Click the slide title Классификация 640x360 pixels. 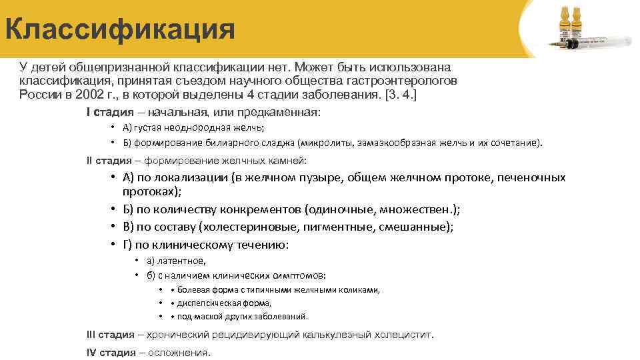pos(120,30)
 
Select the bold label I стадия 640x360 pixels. pos(111,112)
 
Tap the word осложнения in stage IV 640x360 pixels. pos(178,352)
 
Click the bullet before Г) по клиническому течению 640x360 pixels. pos(115,245)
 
